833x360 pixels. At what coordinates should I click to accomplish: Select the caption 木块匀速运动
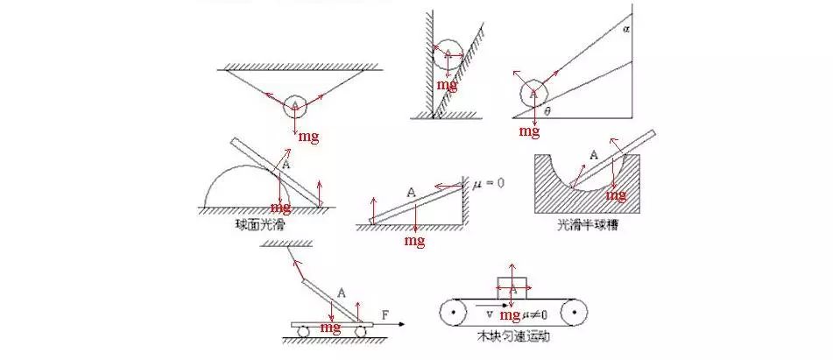tap(513, 335)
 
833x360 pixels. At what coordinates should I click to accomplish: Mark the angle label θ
tap(547, 111)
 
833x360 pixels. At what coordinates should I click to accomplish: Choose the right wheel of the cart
tap(360, 332)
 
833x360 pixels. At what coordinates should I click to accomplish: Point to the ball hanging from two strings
tap(295, 105)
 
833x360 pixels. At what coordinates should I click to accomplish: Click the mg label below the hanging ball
tap(307, 137)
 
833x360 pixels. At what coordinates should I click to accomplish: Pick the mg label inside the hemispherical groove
tap(617, 194)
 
